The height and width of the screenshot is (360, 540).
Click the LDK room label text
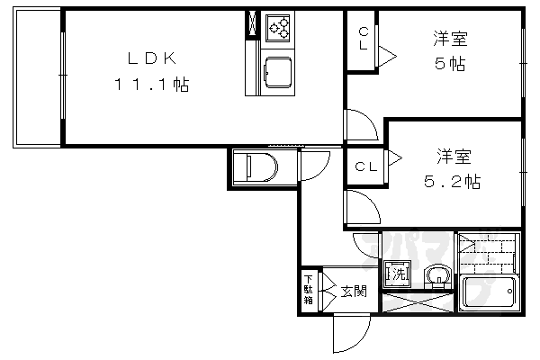click(150, 59)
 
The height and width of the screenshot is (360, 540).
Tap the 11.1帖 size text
click(150, 86)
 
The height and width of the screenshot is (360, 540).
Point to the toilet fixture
click(257, 166)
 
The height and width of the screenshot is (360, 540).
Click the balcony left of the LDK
click(37, 78)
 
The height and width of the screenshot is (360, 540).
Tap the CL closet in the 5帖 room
click(364, 40)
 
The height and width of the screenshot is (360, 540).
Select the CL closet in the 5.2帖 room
click(364, 166)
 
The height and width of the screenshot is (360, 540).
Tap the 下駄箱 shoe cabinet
click(309, 291)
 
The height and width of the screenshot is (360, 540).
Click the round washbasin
click(436, 274)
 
